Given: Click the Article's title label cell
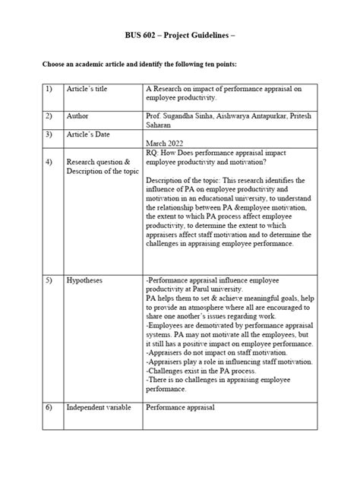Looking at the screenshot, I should [87, 89].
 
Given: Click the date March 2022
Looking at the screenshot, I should [166, 143].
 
